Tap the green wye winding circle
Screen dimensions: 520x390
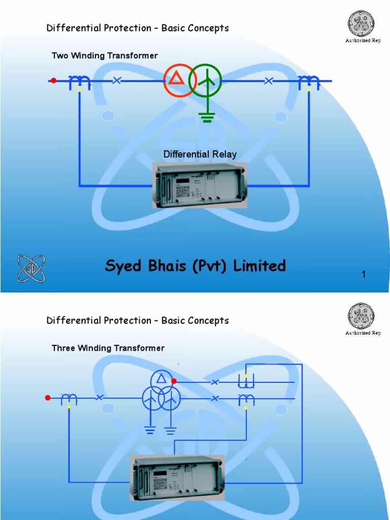(205, 80)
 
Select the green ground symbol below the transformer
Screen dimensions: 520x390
(207, 117)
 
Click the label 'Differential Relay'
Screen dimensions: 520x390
(200, 154)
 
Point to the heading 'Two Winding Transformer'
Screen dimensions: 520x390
(105, 55)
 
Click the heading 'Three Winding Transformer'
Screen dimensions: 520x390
(108, 348)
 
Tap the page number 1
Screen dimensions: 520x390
(364, 275)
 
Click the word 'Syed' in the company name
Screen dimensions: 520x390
(124, 266)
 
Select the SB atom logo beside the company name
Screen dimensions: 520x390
(31, 269)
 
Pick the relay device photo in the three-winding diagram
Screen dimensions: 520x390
(178, 477)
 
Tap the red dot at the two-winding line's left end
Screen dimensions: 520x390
(53, 80)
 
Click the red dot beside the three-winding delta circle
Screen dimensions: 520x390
(174, 381)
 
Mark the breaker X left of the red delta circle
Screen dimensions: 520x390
(117, 80)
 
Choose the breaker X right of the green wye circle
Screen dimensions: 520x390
(269, 80)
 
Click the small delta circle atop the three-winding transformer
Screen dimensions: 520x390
(161, 379)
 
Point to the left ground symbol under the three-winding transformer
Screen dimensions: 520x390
(150, 430)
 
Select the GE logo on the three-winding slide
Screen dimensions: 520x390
(361, 316)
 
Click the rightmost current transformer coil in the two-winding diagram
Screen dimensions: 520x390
(308, 81)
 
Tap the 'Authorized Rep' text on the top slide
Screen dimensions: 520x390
(363, 41)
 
